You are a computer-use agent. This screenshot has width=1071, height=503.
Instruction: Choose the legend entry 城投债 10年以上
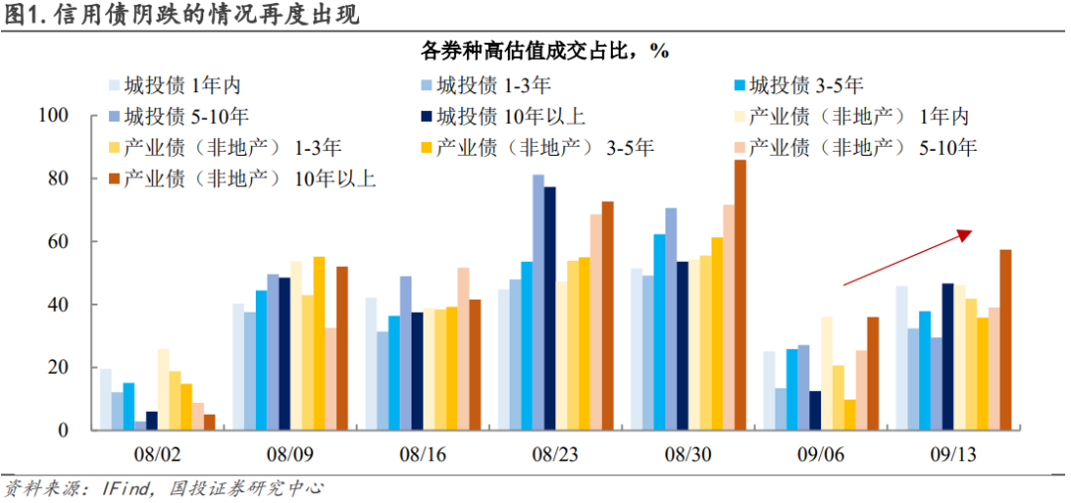pyautogui.click(x=500, y=116)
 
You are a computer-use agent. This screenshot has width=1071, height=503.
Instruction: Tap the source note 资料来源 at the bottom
pyautogui.click(x=164, y=489)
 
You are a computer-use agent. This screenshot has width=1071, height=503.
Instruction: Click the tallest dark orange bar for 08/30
pyautogui.click(x=740, y=295)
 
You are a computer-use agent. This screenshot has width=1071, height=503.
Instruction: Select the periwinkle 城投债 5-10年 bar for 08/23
pyautogui.click(x=538, y=303)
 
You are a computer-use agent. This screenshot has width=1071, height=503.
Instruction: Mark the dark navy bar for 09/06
pyautogui.click(x=815, y=410)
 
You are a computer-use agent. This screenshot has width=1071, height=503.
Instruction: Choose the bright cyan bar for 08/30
pyautogui.click(x=659, y=331)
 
